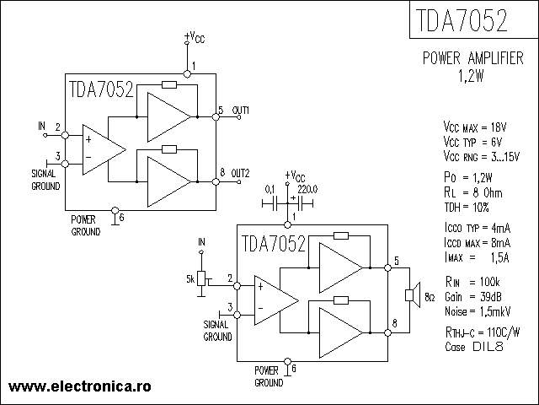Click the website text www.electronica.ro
(79, 385)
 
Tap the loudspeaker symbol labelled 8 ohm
(412, 294)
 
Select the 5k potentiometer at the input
(200, 278)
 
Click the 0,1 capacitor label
(270, 189)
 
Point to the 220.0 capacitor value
(307, 189)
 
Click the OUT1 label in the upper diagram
(241, 111)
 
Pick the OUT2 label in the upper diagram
(241, 172)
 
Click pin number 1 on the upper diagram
(193, 66)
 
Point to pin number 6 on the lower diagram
(294, 369)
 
